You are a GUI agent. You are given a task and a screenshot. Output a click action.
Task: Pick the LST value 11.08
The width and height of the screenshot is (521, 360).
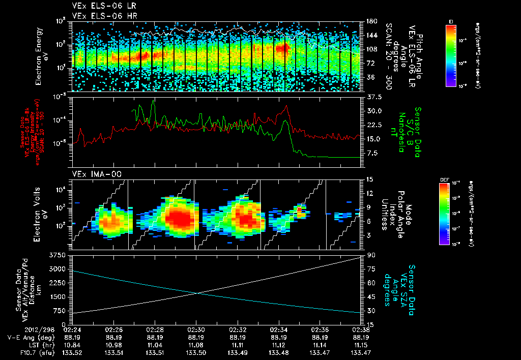[x=196, y=344]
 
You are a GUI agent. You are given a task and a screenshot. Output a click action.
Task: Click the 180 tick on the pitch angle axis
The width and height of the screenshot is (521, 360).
[x=370, y=21]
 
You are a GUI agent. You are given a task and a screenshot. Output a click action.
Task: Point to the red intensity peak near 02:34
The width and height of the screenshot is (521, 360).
[x=287, y=106]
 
